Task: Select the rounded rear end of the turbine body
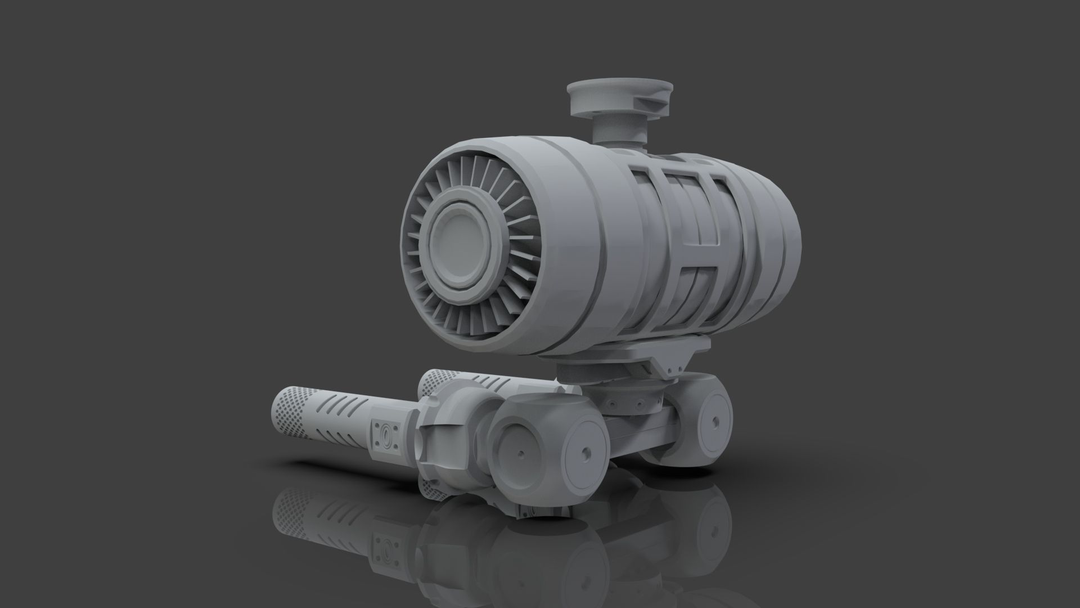(782, 225)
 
